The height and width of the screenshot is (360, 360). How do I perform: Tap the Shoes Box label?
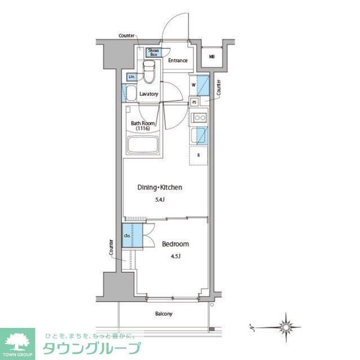153,53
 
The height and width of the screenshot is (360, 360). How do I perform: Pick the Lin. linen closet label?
131,76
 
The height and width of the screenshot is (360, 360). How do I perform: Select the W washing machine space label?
193,85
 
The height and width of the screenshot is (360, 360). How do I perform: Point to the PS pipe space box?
194,102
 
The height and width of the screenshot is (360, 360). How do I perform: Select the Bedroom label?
175,244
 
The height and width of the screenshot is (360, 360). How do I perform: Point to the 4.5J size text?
175,256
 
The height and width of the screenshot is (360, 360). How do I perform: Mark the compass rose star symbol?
287,326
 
